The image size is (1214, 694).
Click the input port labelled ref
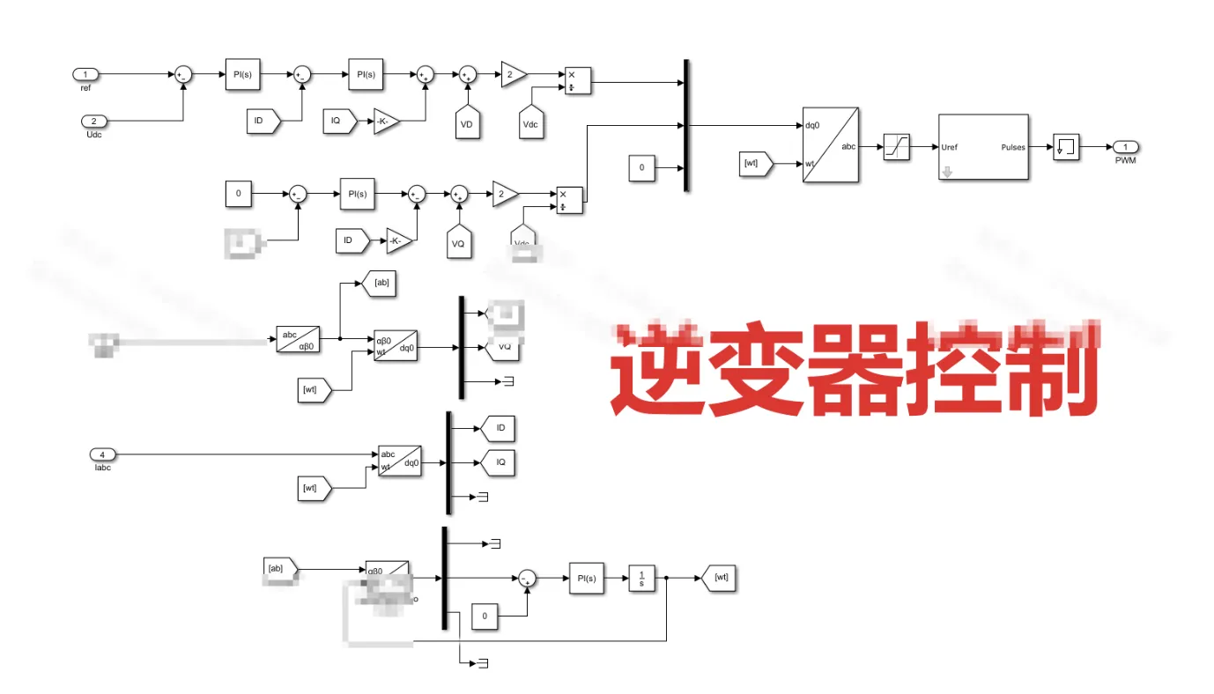coord(85,74)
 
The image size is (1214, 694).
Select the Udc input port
coord(94,121)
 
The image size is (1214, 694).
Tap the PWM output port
coord(1124,146)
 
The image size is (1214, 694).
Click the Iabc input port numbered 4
coord(102,454)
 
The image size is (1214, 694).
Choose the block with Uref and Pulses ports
coord(982,147)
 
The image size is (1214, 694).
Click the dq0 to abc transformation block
coord(831,145)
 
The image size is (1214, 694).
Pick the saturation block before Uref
coord(896,146)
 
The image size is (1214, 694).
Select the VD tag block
coord(467,122)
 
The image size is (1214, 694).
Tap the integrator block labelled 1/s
coord(641,578)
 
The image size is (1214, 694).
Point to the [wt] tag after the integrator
coord(717,578)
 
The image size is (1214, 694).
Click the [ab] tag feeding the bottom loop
coord(281,569)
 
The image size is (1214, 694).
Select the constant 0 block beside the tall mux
coord(642,167)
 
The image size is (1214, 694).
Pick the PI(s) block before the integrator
coord(586,578)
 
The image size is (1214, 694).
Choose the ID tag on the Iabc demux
coord(498,429)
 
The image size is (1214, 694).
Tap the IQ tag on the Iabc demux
coord(498,461)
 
